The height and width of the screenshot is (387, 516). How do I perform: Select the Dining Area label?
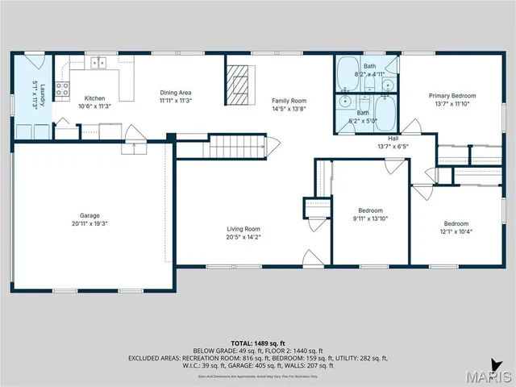click(x=175, y=93)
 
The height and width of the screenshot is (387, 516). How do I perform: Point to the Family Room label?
click(x=289, y=100)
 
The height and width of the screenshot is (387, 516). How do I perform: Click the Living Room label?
click(x=243, y=229)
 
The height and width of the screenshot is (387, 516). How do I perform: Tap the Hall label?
click(x=393, y=138)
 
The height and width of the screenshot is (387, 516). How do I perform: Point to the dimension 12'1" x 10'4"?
click(x=456, y=232)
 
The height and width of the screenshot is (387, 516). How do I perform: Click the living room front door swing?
click(x=310, y=259)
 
